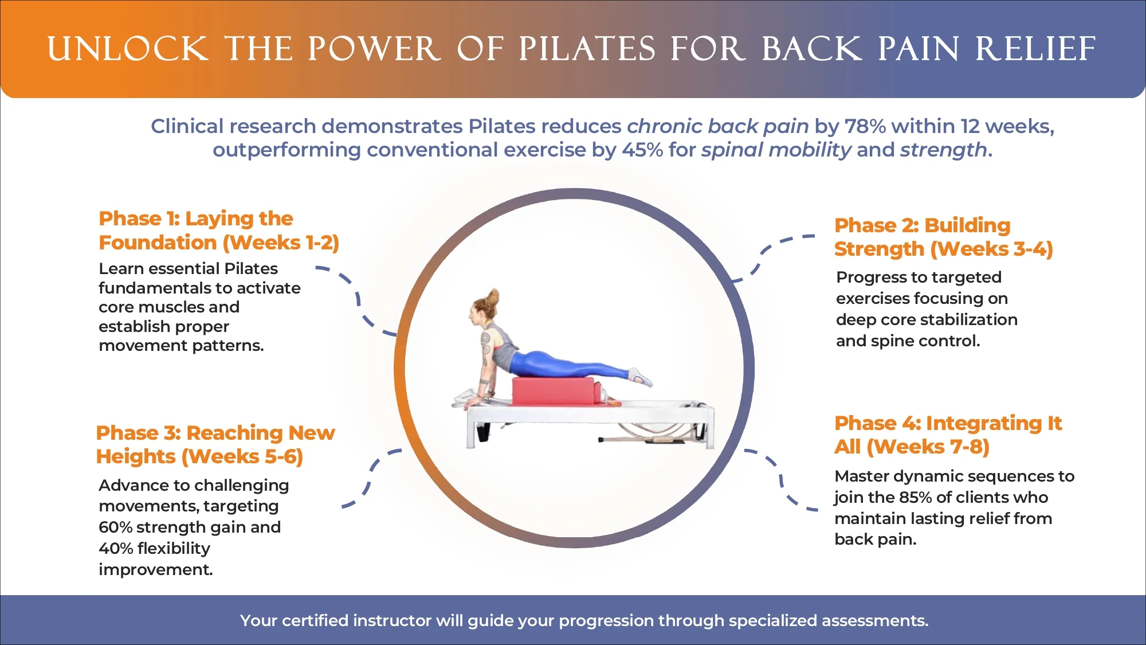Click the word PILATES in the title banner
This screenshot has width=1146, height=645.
pyautogui.click(x=587, y=49)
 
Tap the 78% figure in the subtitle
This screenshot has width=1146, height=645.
pyautogui.click(x=865, y=126)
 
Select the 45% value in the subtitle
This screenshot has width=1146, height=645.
pyautogui.click(x=642, y=150)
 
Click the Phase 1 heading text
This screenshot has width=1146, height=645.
pyautogui.click(x=218, y=230)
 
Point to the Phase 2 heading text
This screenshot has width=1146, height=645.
pyautogui.click(x=943, y=237)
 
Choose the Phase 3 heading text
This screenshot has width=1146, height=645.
pyautogui.click(x=215, y=444)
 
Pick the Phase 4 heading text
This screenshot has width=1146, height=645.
pyautogui.click(x=948, y=435)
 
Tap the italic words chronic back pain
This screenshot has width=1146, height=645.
pyautogui.click(x=717, y=126)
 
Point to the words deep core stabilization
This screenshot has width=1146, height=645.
pyautogui.click(x=927, y=320)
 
